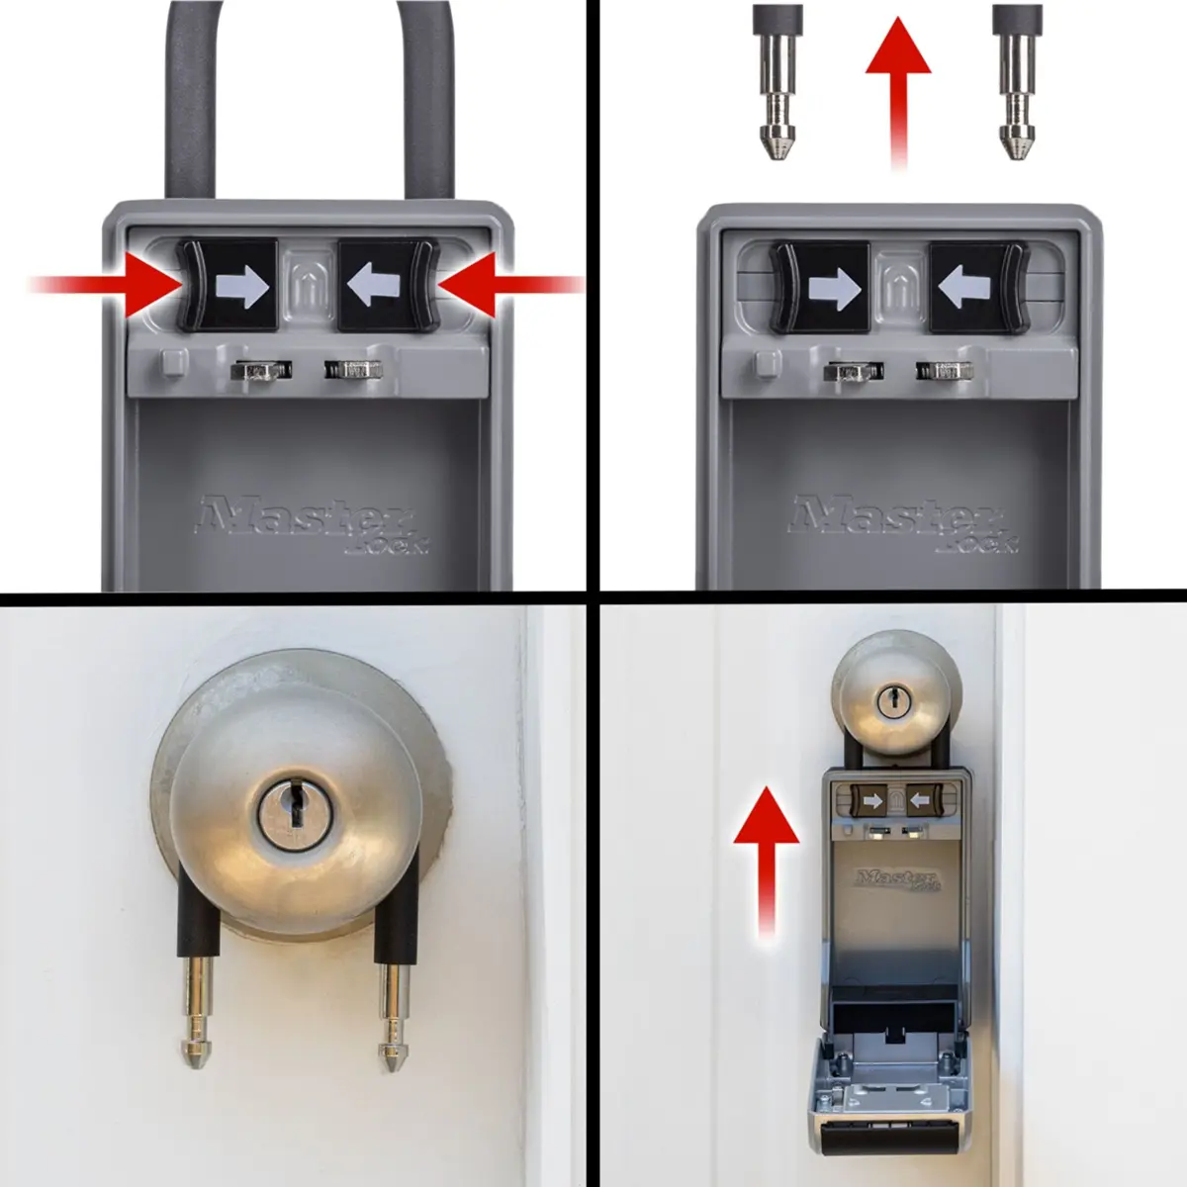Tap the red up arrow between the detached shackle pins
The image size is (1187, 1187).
coord(898,92)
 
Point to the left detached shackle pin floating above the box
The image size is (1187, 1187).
coord(778,83)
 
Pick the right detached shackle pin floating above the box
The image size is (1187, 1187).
coord(1018,83)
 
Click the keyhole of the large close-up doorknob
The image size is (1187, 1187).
coord(295,807)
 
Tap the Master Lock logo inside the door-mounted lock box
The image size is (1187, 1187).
coord(898,879)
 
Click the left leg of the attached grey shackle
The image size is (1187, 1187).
coord(190,99)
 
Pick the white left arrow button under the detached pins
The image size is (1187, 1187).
coord(978,287)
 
